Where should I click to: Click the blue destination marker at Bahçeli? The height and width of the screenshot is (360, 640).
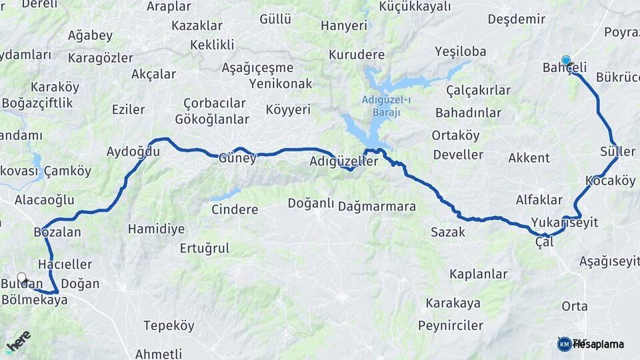[x=566, y=61]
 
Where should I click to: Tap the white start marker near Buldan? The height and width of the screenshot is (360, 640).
[x=22, y=277]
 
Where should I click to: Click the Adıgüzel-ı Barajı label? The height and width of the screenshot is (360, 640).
[x=381, y=106]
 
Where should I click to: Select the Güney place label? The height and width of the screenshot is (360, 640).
[x=237, y=159]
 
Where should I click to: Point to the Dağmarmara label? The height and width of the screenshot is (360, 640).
[x=377, y=207]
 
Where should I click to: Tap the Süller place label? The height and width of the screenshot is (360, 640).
[x=617, y=151]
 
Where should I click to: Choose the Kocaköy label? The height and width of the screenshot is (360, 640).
[x=610, y=181]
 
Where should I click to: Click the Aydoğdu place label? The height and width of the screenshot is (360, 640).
[x=133, y=151]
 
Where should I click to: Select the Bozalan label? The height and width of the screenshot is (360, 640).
[x=57, y=232]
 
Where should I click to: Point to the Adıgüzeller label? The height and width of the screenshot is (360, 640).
[x=344, y=161]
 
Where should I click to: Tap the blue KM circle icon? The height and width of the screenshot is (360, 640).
[x=564, y=344]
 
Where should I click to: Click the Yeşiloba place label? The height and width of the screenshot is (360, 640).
[x=460, y=51]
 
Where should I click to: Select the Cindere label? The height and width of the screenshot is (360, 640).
[x=235, y=209]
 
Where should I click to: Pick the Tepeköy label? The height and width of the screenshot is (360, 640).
[x=169, y=325]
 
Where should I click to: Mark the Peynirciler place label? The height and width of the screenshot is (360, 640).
[x=451, y=325]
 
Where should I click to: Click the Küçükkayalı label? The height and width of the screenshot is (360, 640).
[x=415, y=7]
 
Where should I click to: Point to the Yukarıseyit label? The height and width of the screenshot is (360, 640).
[x=565, y=222]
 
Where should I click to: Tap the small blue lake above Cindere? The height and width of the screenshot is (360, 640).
[x=225, y=195]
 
